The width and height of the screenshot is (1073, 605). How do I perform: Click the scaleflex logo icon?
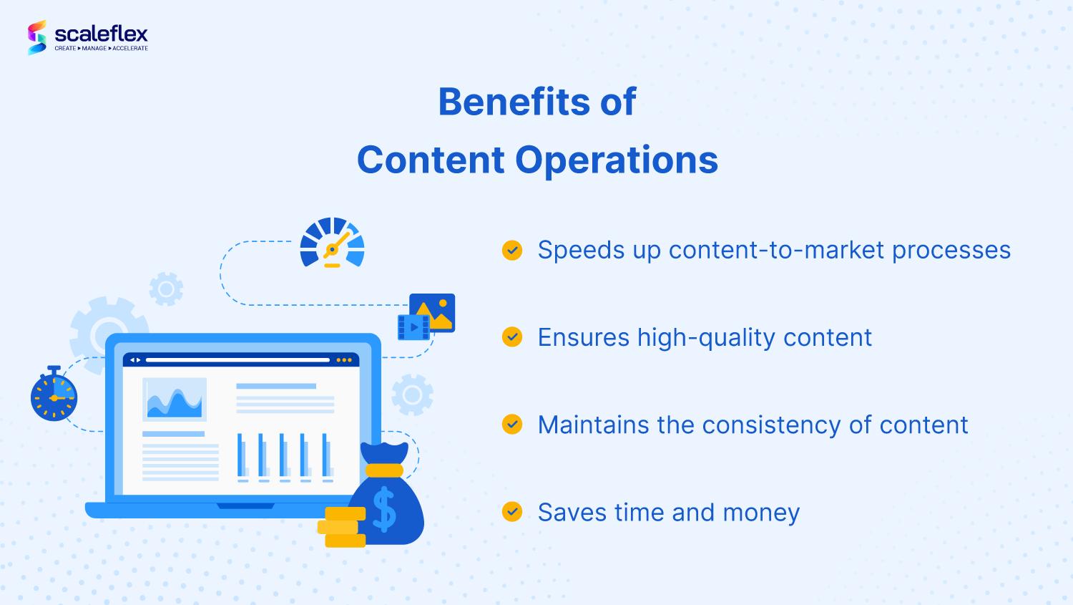coord(37,37)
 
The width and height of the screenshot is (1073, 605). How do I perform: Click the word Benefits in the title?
coord(513,102)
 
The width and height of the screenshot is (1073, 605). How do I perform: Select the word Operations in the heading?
coord(617,160)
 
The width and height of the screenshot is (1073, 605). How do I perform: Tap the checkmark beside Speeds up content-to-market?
coord(512,250)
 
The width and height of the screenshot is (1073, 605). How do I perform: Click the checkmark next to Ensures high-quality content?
coord(512,337)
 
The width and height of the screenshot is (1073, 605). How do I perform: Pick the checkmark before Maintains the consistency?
coord(512,424)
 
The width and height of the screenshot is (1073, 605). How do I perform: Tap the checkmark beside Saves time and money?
coord(512,511)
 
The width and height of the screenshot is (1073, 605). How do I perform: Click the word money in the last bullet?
coord(761,513)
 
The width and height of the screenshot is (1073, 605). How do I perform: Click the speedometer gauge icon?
coord(332,243)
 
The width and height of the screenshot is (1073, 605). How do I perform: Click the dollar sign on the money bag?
coord(384,509)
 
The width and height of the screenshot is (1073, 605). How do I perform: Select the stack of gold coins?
coord(343,527)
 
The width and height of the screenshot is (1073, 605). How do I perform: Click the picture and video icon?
coord(427,316)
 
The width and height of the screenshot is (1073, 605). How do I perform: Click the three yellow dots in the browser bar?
coord(343,360)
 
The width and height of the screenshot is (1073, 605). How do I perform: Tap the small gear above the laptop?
coord(166,289)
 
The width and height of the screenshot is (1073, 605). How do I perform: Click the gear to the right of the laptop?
coord(412,395)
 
